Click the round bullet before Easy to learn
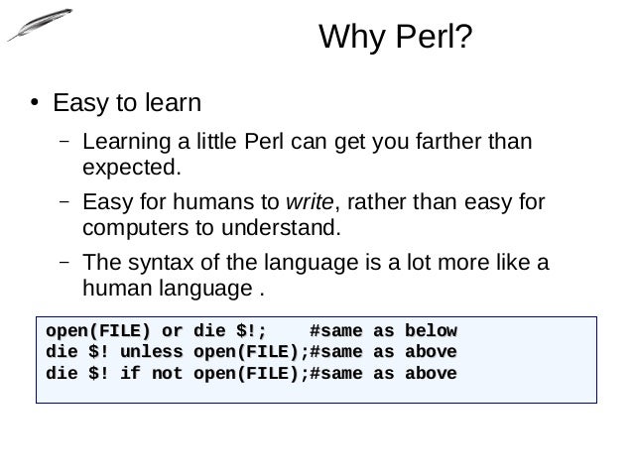pos(33,103)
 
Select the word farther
pos(437,140)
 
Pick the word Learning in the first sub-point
pos(123,140)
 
